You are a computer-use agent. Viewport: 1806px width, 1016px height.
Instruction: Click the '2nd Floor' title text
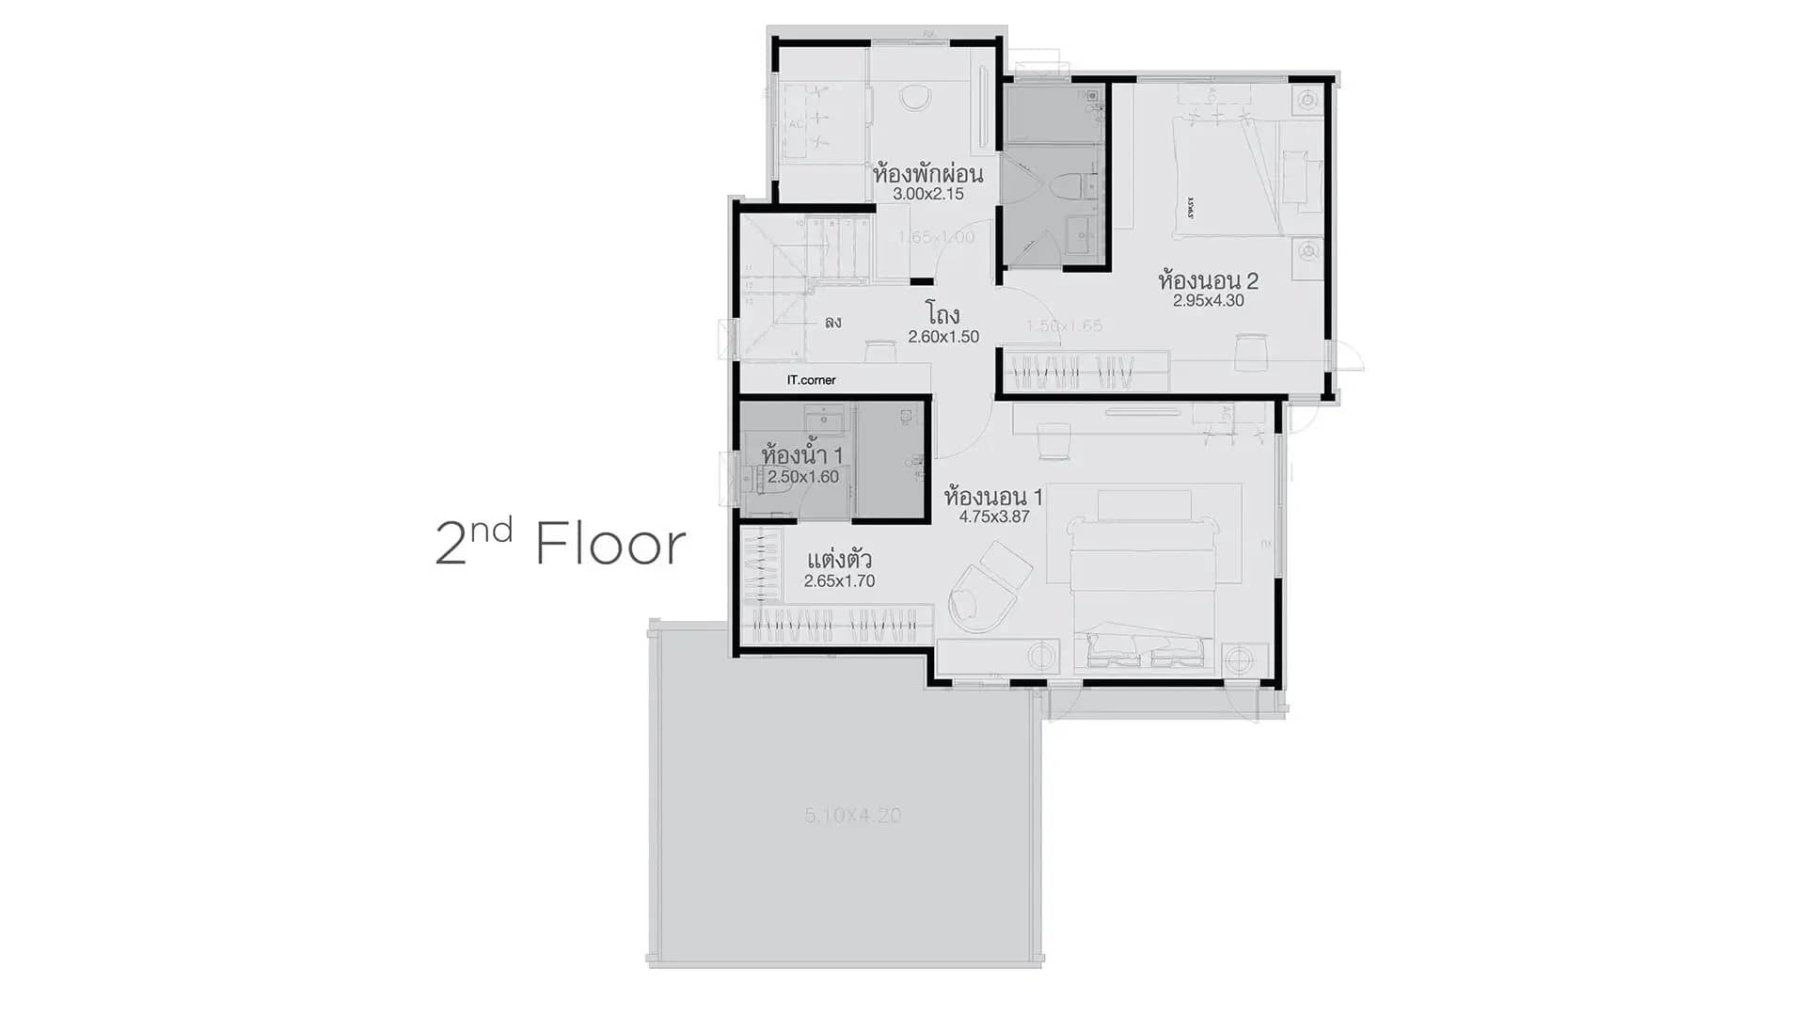coord(561,544)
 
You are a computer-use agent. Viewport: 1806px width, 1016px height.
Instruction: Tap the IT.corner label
coord(811,380)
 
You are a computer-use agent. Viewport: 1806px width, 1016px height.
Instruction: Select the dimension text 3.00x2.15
coord(927,195)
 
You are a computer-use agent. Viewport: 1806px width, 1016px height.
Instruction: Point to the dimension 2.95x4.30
coord(1208,301)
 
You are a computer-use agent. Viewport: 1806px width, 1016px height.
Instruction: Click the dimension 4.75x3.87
coord(993,516)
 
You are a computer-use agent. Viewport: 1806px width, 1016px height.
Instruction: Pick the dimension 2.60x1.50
coord(943,337)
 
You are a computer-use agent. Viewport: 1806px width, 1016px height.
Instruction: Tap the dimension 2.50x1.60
coord(802,477)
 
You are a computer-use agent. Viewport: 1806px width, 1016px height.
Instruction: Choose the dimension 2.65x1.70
coord(839,581)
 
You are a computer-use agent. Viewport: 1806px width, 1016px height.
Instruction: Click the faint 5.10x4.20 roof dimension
coord(852,816)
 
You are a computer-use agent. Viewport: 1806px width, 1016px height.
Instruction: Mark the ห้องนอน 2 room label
coord(1208,280)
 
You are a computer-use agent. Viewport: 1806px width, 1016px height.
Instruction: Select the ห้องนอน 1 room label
coord(993,496)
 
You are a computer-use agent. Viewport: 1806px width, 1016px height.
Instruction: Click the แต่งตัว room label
coord(839,560)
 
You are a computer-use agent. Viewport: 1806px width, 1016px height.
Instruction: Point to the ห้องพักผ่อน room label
coord(927,174)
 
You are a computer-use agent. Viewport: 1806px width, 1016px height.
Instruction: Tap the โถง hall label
coord(942,313)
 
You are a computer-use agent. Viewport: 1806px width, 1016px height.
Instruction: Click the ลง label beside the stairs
coord(832,323)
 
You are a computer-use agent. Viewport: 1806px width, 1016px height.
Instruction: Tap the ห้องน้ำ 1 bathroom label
coord(802,455)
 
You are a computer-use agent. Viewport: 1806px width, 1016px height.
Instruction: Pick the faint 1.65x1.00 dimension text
coord(936,237)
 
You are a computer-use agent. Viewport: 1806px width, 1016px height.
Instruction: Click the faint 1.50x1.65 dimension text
coord(1064,326)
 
